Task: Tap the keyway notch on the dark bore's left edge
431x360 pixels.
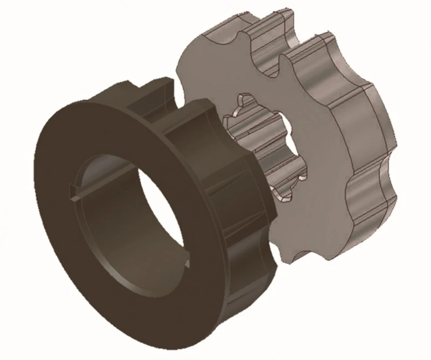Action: click(74, 193)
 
